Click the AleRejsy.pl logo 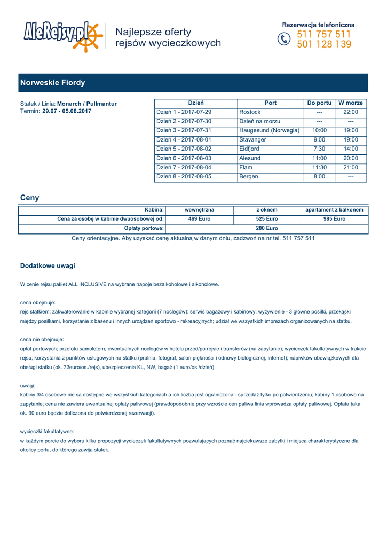click(62, 36)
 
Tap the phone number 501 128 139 click(324, 44)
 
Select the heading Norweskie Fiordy click(52, 83)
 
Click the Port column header click(271, 103)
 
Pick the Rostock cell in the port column click(250, 112)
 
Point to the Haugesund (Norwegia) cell click(270, 130)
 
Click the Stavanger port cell click(253, 140)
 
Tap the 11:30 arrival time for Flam click(319, 167)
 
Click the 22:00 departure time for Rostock click(351, 112)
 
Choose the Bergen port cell click(249, 176)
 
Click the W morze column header click(351, 103)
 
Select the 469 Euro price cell click(200, 219)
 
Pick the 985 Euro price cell click(334, 219)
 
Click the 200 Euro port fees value click(267, 228)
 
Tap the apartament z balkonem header click(334, 210)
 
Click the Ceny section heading click(29, 198)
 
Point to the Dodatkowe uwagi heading click(48, 265)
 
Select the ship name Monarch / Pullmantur click(87, 104)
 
